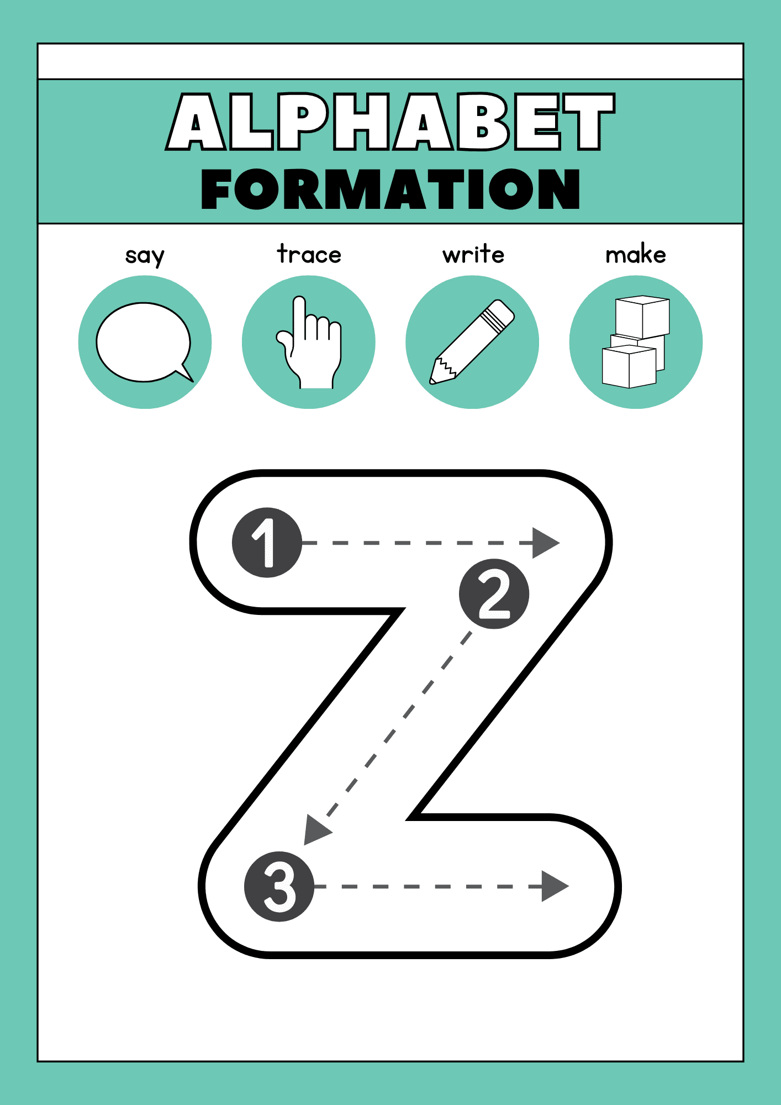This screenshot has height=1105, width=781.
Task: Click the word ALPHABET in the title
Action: pos(390,122)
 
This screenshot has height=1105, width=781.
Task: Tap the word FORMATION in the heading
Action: pos(390,189)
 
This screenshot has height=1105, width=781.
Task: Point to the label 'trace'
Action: pos(309,254)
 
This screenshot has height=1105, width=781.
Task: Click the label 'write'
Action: pos(473,254)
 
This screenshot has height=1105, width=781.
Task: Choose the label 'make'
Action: pos(636,254)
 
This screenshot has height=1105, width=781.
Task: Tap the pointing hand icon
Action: pos(309,343)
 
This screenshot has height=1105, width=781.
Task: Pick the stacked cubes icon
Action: pos(636,342)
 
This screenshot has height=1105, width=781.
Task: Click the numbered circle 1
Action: pos(267,543)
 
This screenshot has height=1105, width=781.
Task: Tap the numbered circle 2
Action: pos(494,594)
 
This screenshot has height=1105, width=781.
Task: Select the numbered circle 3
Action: pos(279,886)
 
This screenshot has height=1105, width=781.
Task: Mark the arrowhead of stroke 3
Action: pos(555,886)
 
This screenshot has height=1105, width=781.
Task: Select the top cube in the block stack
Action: pos(642,317)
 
